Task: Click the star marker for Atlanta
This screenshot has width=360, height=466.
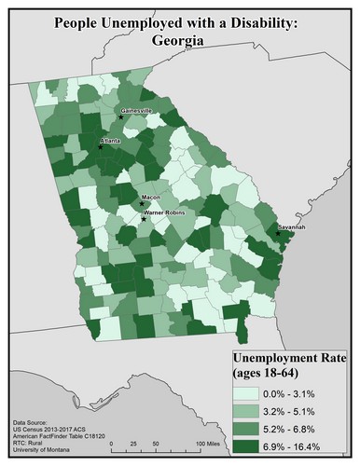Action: click(101, 146)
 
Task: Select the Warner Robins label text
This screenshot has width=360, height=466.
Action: click(165, 213)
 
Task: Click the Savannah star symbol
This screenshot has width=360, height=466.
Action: click(277, 233)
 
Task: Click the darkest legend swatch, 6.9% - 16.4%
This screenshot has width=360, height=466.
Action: click(250, 445)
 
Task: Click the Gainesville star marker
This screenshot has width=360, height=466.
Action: click(121, 117)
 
